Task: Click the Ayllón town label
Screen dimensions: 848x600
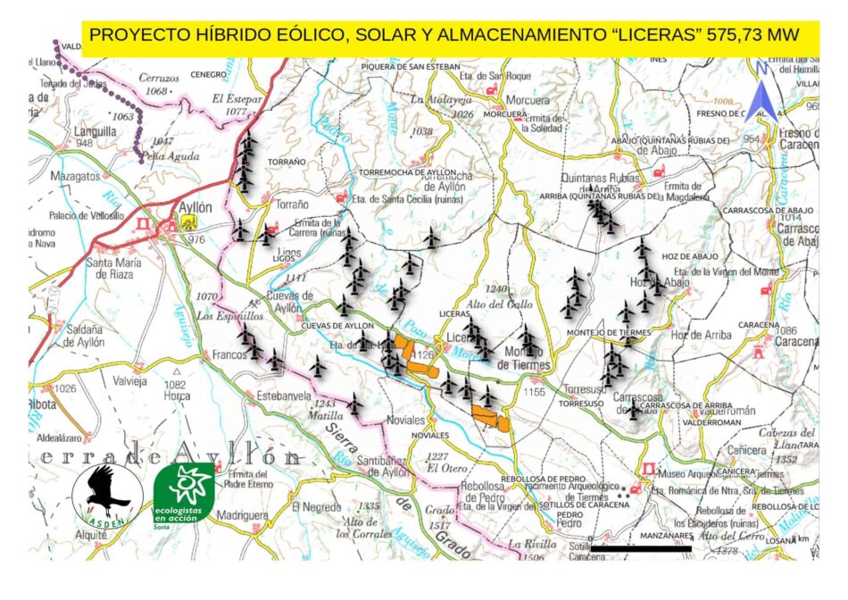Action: [x=195, y=207]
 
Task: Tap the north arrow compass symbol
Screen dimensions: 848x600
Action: [x=761, y=89]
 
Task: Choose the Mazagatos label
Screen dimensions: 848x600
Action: [x=76, y=177]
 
